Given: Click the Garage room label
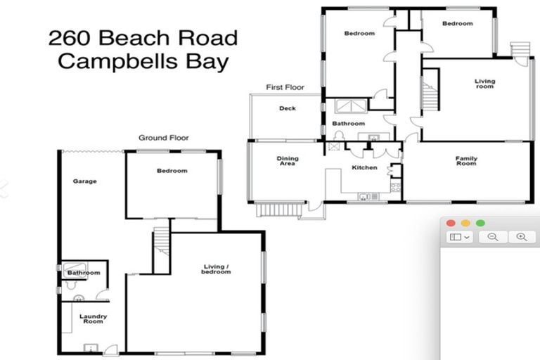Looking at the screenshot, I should coord(84,181).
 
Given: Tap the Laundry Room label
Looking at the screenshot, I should coord(92,319).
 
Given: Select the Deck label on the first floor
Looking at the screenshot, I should coord(287,108).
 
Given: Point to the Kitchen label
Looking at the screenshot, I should coord(364,168).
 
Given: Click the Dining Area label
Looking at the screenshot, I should coord(287,161).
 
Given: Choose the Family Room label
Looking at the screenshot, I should coord(466,161).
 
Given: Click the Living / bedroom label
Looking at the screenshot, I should coord(217,269).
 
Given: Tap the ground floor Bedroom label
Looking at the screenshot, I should coord(172,171).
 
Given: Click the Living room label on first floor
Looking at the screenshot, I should coord(484,84).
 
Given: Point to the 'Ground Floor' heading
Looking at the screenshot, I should coord(163,138).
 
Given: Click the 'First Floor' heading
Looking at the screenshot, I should coord(285,87).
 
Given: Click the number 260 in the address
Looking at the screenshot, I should coord(68,37).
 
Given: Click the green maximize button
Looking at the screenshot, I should coord(480,223).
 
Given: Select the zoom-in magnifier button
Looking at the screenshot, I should coord(521,238).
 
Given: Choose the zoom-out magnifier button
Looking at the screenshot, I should coord(493,238).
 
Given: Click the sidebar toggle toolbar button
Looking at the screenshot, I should coord(459,238).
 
